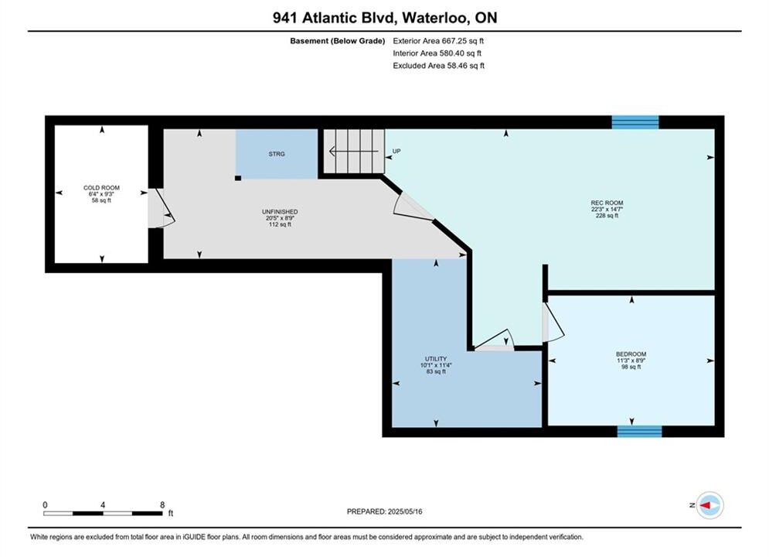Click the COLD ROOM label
pos(101,187)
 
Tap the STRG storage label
pos(277,154)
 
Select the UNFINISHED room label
pos(280,211)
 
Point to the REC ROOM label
pos(607,203)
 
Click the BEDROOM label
pos(631,354)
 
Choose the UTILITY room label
pos(436,359)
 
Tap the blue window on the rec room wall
pos(635,121)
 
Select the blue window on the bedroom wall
pos(639,432)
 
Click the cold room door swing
pos(162,208)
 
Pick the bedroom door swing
pos(553,322)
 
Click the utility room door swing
pos(495,340)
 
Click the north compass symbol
pos(709,505)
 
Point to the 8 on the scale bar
pos(162,504)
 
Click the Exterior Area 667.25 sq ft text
pos(438,41)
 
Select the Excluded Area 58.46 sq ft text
pos(438,66)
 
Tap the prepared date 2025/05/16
pos(405,511)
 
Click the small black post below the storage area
pos(238,178)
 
